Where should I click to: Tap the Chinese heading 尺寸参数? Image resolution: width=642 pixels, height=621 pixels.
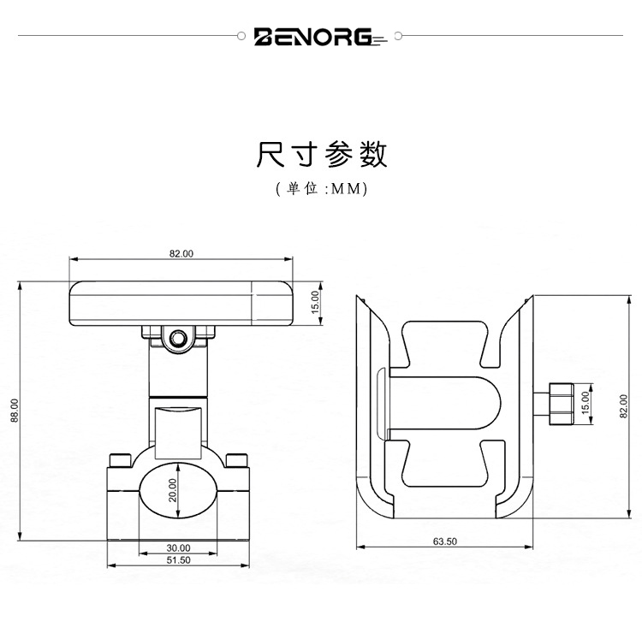coord(321,154)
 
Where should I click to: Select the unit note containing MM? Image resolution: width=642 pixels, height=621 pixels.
coord(321,189)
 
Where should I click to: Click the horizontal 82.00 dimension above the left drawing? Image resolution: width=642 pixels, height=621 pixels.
coord(181,253)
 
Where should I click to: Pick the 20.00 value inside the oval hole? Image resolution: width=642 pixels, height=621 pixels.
coord(172,490)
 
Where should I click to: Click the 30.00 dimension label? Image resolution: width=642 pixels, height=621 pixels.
coord(178,547)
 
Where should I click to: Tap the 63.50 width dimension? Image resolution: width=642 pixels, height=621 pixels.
coord(445,541)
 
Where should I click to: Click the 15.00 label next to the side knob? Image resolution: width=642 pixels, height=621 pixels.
coord(586,402)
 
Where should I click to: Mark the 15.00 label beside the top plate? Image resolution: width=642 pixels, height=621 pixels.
coord(314,302)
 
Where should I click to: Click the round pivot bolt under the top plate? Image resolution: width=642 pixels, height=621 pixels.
coord(178,340)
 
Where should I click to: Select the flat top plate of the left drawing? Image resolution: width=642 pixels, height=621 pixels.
coord(181,304)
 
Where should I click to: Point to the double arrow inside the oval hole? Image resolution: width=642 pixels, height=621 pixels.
coord(178,491)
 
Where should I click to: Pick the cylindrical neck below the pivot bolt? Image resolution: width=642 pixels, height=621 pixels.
coord(178,376)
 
